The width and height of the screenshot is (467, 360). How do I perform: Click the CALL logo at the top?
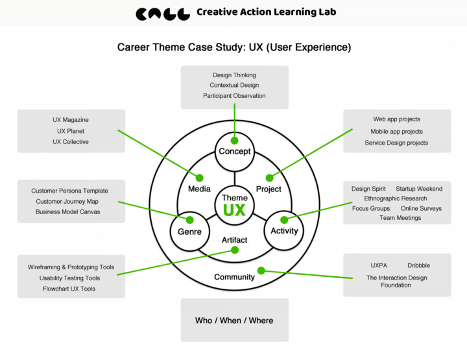(163, 14)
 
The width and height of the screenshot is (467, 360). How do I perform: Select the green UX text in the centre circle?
(234, 210)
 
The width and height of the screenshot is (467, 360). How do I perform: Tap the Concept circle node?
(235, 151)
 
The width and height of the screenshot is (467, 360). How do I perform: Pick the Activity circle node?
(284, 231)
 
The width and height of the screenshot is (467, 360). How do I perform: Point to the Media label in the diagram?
(199, 189)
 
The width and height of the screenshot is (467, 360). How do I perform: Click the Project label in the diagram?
(269, 189)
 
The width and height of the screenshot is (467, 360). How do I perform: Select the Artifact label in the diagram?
(234, 240)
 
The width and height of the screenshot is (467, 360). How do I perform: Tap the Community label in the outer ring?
(234, 277)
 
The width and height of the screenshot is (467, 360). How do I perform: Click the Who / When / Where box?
(234, 320)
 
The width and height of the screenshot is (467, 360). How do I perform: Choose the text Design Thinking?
(234, 75)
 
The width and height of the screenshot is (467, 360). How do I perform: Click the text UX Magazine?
(71, 120)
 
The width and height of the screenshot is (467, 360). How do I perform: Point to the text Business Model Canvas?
(67, 211)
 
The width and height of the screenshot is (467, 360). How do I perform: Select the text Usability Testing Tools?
(69, 278)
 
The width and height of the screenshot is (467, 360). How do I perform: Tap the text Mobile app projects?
(396, 132)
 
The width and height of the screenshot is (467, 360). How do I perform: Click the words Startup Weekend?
(419, 189)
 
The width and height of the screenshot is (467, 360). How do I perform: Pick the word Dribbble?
(418, 265)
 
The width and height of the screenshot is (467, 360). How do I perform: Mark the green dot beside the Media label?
(200, 177)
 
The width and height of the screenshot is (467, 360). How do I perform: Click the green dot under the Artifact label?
(235, 250)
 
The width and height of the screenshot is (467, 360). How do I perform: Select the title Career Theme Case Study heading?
(234, 47)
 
